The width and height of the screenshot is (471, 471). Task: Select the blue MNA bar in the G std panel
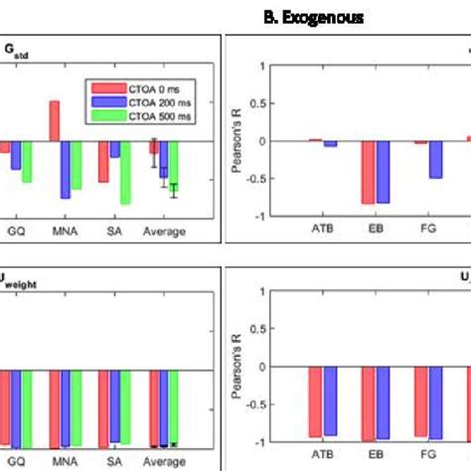click(x=66, y=169)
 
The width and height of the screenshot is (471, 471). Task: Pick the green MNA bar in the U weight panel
click(x=77, y=407)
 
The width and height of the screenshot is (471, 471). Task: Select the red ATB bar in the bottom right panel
click(x=315, y=401)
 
